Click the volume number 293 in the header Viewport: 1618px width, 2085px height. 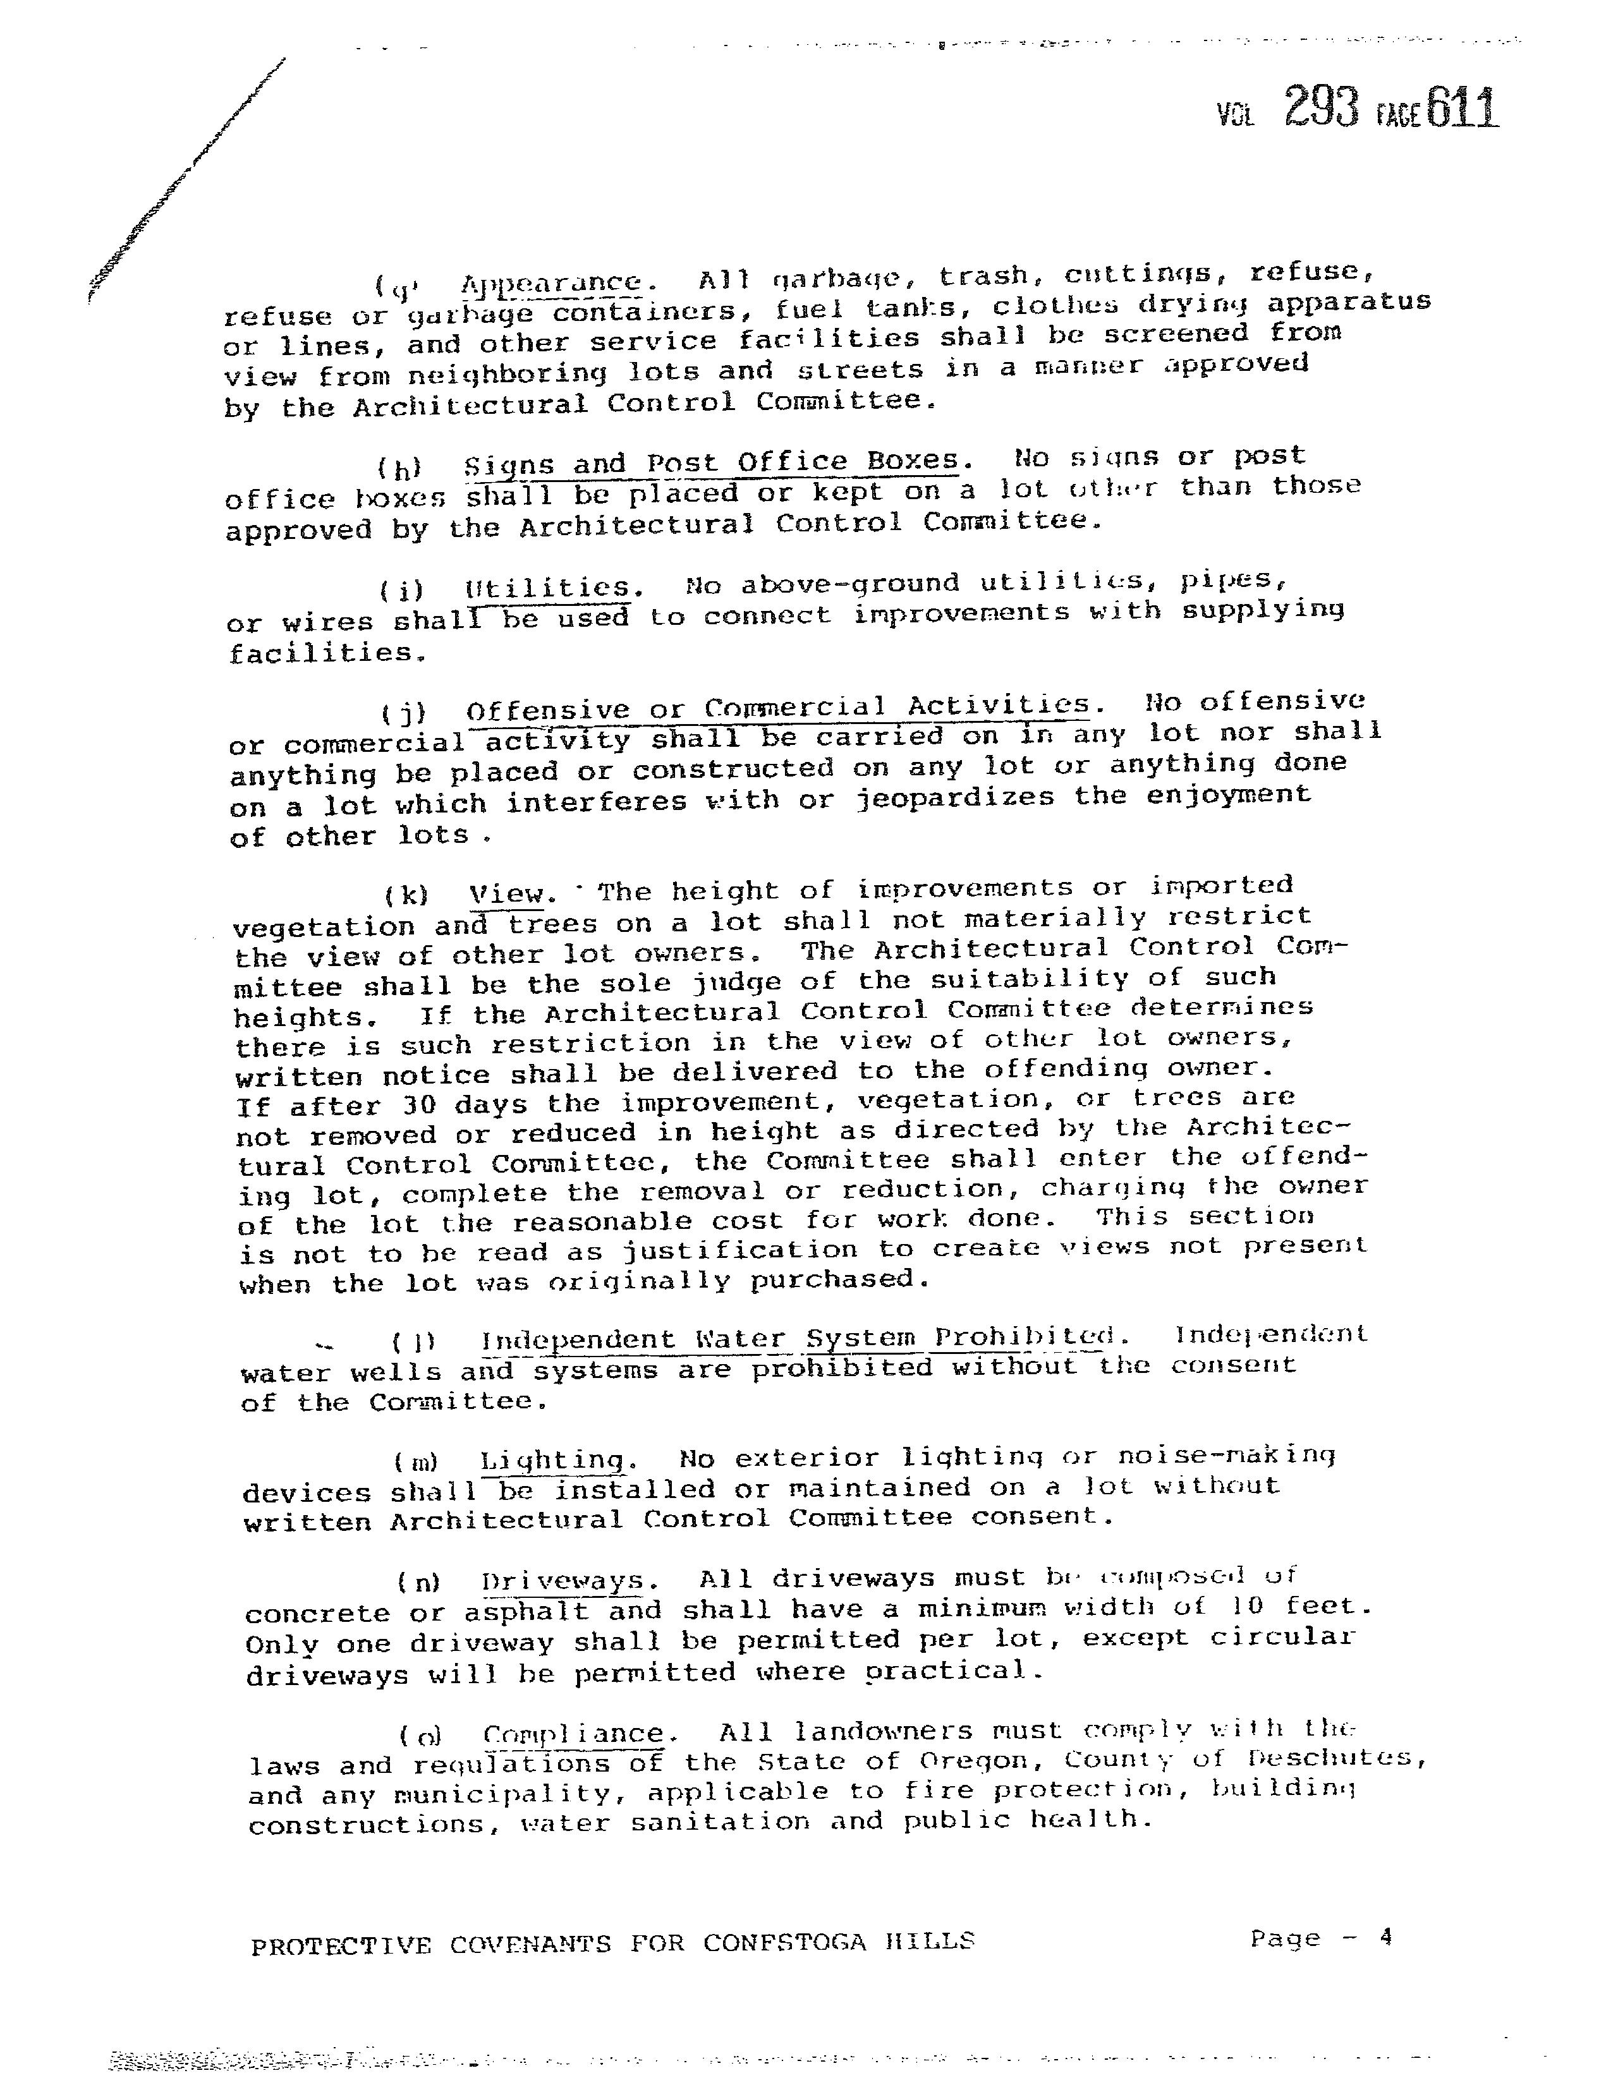[x=1321, y=107]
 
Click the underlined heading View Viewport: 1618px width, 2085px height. [x=512, y=893]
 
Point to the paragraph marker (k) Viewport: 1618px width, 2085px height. [x=406, y=895]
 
